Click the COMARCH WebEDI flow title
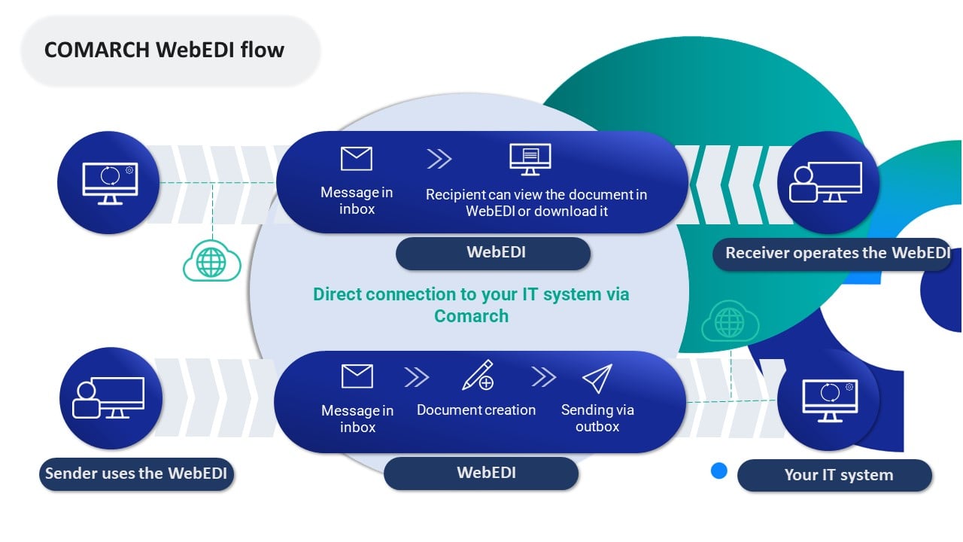tap(164, 50)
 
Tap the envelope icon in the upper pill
tap(357, 159)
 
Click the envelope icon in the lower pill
tap(357, 376)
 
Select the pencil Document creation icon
tap(477, 375)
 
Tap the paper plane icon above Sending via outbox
tap(597, 378)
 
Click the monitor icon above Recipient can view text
tap(530, 159)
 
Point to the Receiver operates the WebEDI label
tap(837, 253)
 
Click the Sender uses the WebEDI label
tap(136, 473)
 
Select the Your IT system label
tap(838, 475)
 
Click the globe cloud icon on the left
tap(211, 262)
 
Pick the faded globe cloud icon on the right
tap(729, 322)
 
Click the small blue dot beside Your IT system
tap(719, 471)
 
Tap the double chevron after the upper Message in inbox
tap(439, 159)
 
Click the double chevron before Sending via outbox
tap(543, 376)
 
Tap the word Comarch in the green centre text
tap(471, 315)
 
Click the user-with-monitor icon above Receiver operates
tap(825, 183)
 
